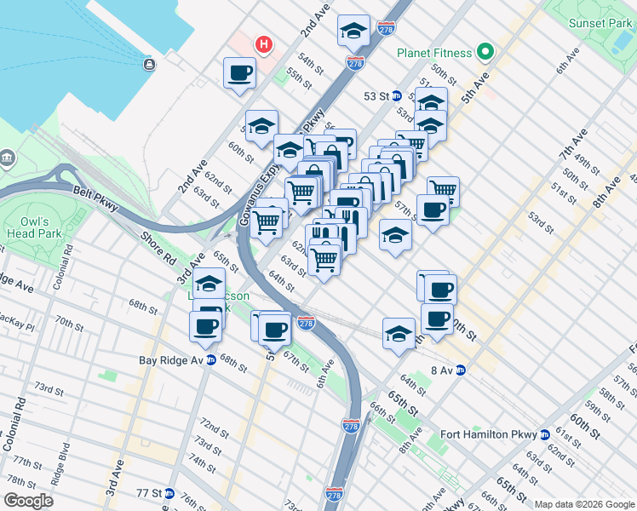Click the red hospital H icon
point(265,43)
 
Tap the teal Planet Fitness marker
point(485,53)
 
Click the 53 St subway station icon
point(397,96)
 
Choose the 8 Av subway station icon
point(461,370)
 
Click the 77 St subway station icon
point(169,493)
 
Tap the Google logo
point(28,501)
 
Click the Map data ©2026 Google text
point(584,504)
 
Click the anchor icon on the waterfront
point(150,64)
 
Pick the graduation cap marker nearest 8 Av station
point(399,334)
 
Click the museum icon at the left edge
point(8,158)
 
